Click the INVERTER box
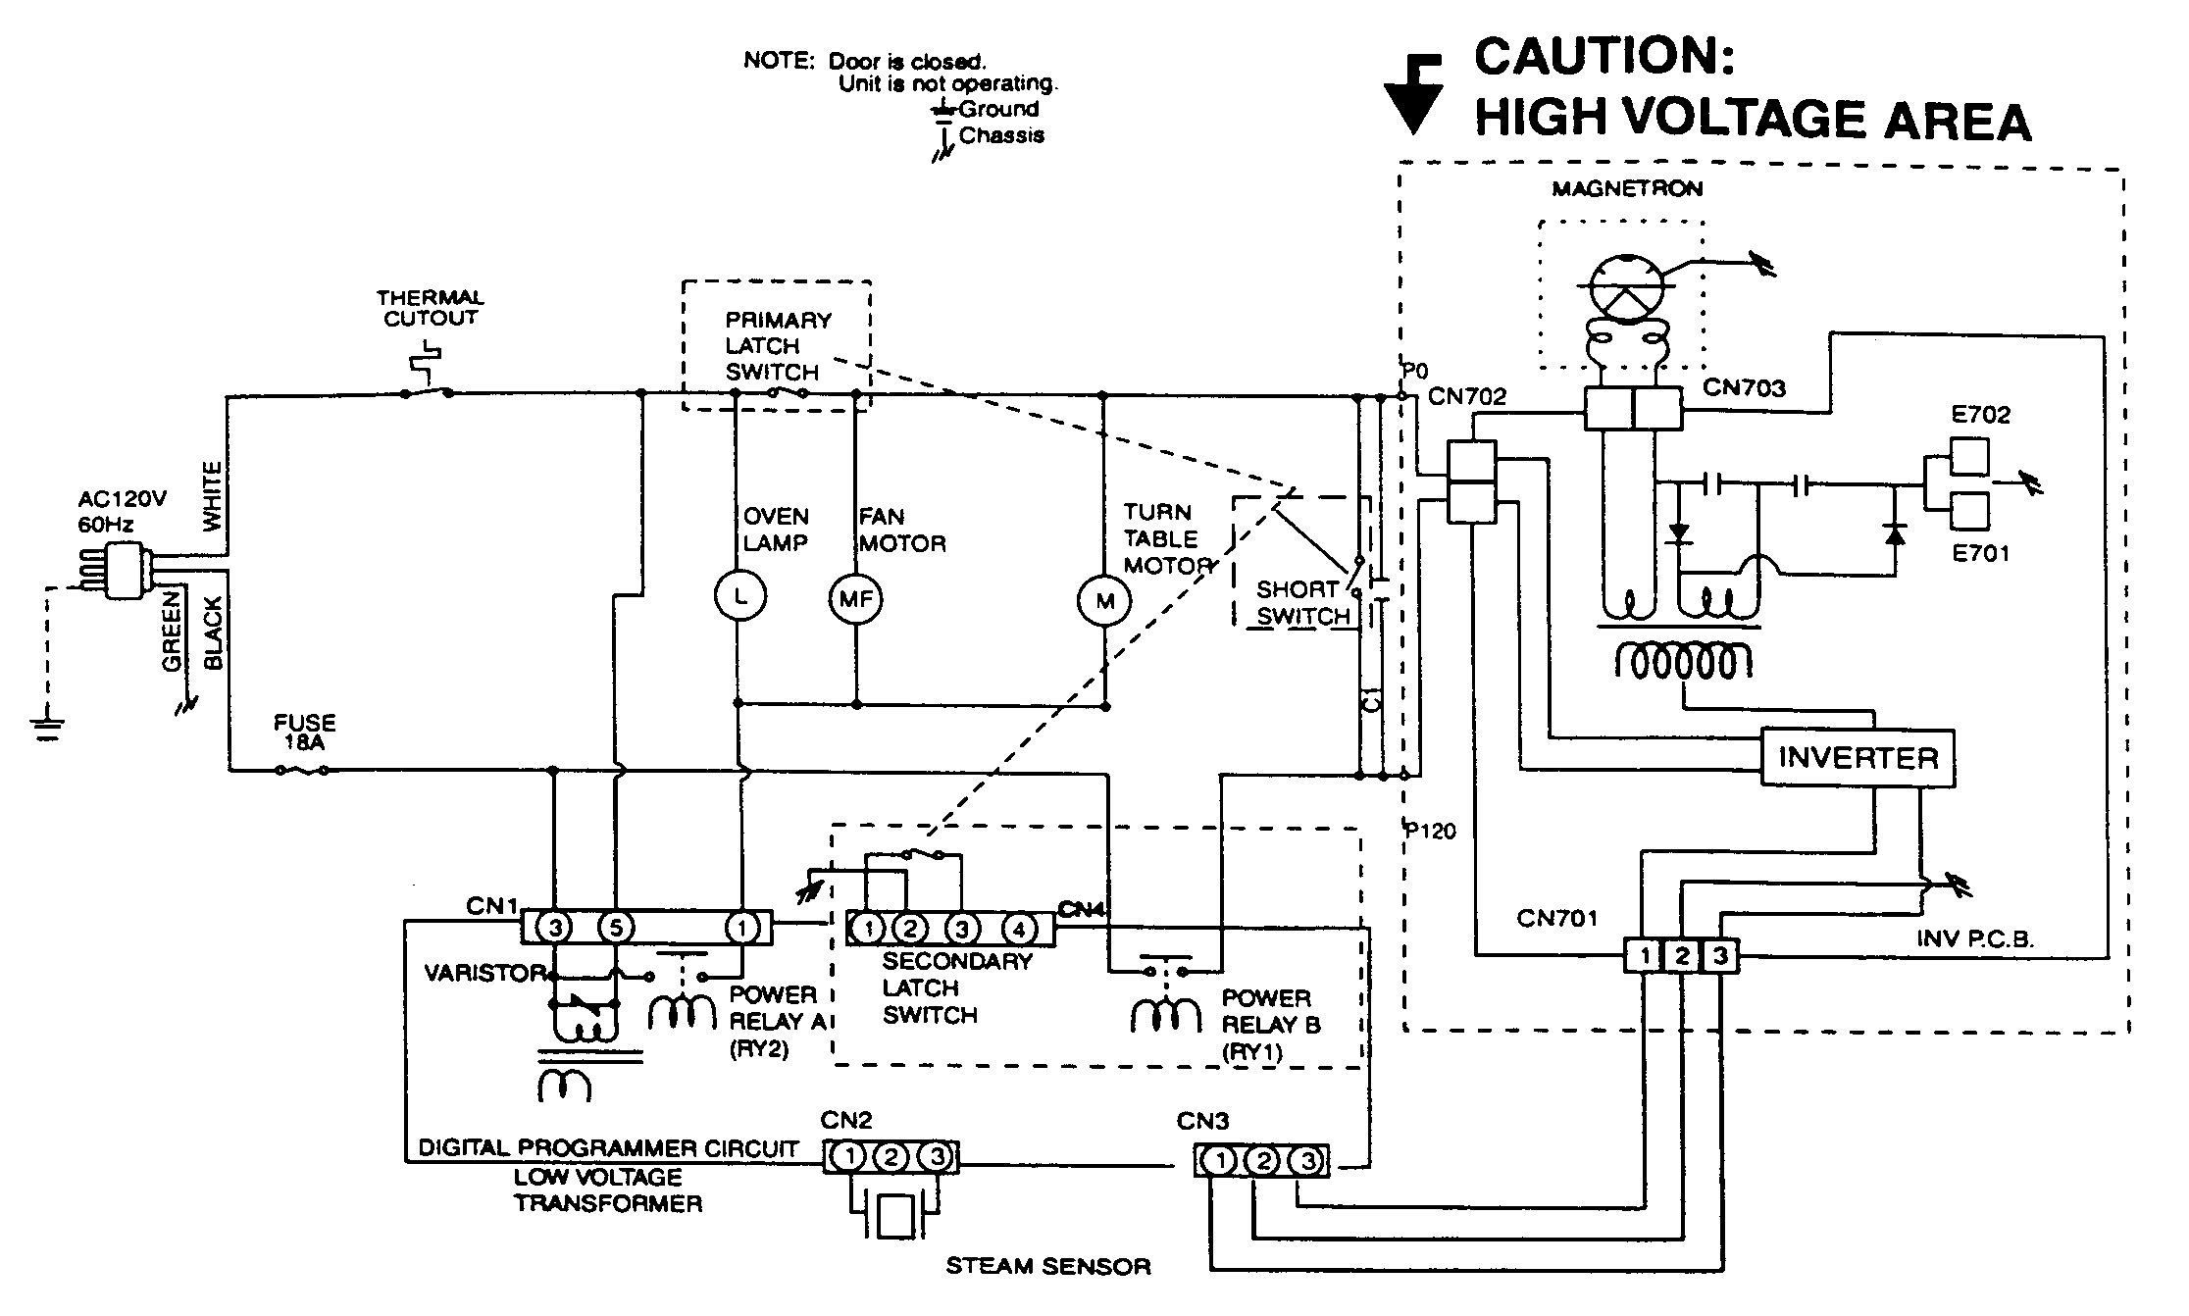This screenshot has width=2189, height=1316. point(1858,758)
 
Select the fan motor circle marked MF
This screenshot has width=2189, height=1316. point(855,598)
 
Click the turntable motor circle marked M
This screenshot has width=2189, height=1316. point(1105,601)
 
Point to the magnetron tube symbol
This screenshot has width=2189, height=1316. point(1625,288)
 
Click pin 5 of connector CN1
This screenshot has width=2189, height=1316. point(616,927)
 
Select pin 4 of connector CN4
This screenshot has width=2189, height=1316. point(1019,928)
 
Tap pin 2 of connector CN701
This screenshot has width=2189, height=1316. point(1681,956)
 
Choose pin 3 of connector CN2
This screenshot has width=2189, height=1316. point(937,1157)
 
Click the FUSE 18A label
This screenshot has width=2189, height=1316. point(304,733)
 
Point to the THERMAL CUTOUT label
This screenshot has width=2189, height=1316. point(431,307)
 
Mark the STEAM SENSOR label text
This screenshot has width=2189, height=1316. point(1047,1267)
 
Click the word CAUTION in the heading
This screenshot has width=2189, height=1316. point(1604,56)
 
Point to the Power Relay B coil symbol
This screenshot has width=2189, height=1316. point(1166,1017)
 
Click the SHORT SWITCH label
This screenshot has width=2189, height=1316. point(1302,603)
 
